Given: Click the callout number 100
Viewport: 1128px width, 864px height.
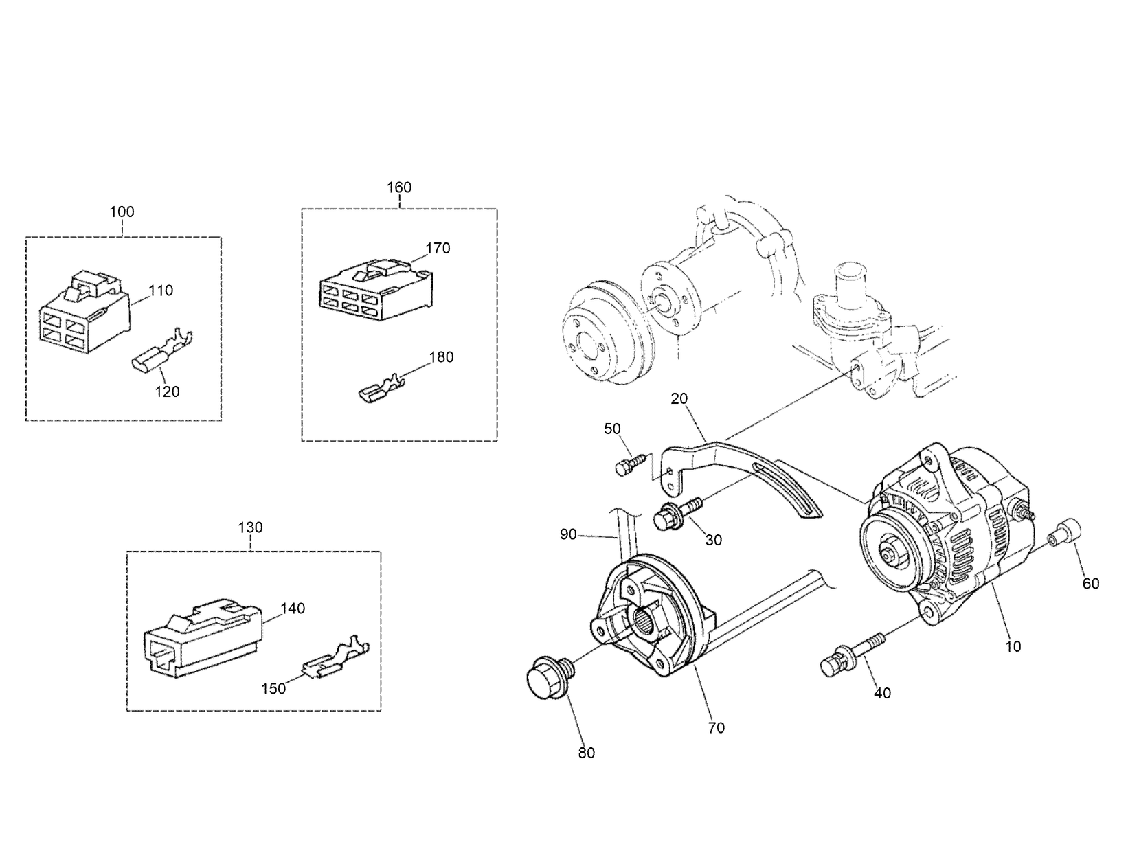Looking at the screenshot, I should coord(122,212).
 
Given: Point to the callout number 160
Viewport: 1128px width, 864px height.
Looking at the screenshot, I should coord(399,187).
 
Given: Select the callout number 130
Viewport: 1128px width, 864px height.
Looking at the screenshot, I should coord(250,527).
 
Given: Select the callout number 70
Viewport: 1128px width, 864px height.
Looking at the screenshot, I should coord(716,728).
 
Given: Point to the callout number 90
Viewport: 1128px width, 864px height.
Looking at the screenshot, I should coord(568,534).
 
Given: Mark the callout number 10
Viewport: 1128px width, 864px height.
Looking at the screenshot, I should coord(1013,646).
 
